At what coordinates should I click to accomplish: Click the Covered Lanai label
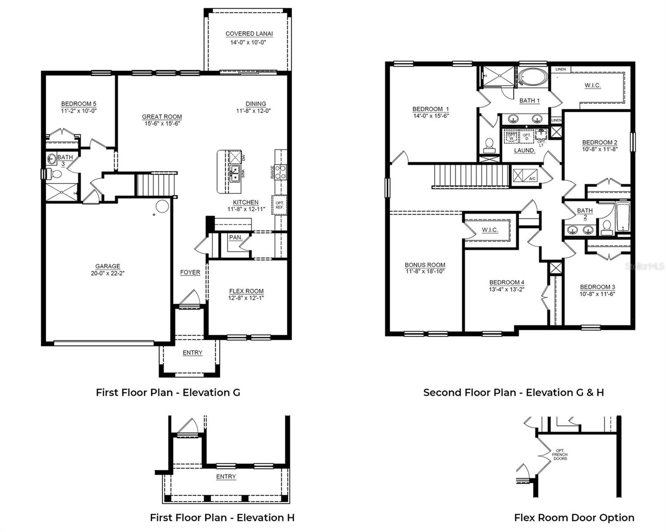coord(249,34)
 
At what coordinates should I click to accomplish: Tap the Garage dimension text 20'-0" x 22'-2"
coord(108,274)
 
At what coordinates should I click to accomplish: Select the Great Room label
coord(162,117)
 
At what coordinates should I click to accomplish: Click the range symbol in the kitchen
coord(280,172)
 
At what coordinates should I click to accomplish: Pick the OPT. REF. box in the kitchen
coord(280,205)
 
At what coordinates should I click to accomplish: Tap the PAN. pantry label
coord(236,238)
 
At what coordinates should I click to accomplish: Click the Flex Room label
coord(246,291)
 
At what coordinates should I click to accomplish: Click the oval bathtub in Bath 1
coord(532,77)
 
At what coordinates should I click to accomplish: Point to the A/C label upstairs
coord(532,179)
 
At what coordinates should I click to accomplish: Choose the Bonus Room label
coord(425,265)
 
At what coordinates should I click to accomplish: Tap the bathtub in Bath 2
coord(623,218)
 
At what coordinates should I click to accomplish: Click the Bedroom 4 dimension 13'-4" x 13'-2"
coord(507,289)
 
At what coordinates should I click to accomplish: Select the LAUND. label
coord(524,150)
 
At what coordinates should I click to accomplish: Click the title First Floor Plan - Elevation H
coord(222,517)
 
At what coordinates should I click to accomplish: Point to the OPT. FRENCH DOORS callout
coord(560,454)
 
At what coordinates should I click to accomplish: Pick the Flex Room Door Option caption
coord(574,517)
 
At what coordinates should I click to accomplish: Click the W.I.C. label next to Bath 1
coord(592,85)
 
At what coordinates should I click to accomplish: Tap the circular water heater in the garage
coord(162,207)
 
